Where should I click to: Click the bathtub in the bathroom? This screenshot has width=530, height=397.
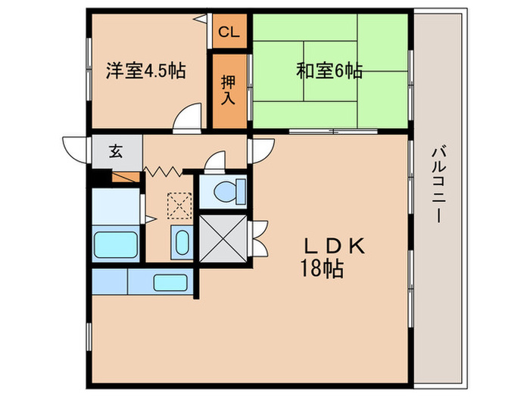pyautogui.click(x=115, y=244)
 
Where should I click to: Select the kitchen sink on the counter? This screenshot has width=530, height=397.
pyautogui.click(x=166, y=282)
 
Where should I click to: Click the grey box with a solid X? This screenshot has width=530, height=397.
pyautogui.click(x=223, y=236)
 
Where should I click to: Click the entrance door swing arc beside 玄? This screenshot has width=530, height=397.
pyautogui.click(x=75, y=147)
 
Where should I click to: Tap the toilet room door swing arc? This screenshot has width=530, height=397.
pyautogui.click(x=217, y=162)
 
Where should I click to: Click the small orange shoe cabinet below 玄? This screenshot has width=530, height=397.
pyautogui.click(x=126, y=178)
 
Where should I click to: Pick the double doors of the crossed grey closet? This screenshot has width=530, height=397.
pyautogui.click(x=258, y=237)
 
